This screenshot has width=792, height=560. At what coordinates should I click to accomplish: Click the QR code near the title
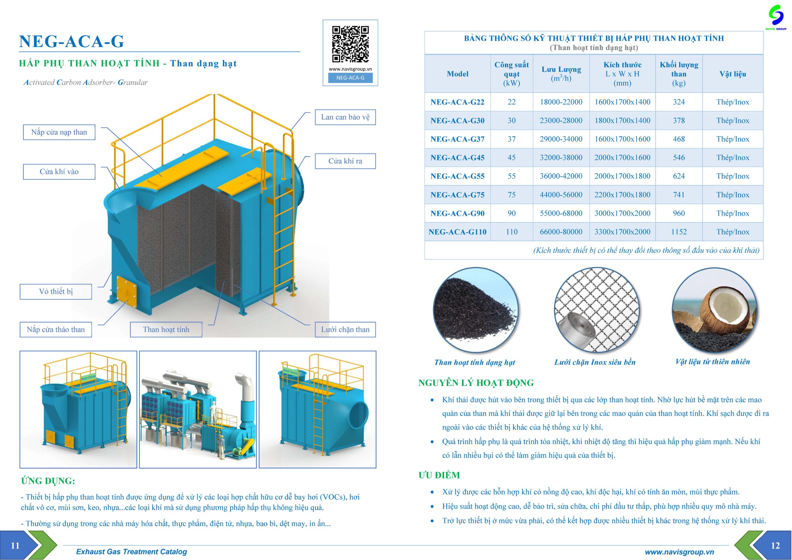point(350,44)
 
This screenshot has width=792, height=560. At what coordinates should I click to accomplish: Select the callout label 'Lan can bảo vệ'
point(345,117)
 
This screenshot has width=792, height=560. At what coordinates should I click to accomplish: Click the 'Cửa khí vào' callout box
point(59,172)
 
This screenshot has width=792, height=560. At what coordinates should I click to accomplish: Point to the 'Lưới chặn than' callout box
point(345,330)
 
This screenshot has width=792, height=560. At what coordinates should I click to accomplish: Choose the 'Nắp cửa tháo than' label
point(56,330)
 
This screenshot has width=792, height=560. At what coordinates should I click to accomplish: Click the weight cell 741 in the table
point(678,195)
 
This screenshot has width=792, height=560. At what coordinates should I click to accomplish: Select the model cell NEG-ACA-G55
point(457,176)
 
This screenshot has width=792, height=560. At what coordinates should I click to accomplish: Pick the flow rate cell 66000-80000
point(561,232)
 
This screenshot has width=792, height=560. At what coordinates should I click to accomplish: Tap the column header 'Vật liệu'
point(732,74)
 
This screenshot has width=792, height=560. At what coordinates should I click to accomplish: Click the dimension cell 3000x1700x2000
point(622,213)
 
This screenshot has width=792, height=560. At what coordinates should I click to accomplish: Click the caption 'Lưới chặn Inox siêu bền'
point(595,362)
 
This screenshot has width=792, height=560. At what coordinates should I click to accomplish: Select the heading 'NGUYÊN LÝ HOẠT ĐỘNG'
point(476,383)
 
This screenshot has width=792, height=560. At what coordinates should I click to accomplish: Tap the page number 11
point(15,545)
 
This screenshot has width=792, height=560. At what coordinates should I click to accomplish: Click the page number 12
point(775,545)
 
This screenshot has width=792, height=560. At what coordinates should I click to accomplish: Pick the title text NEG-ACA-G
point(71,41)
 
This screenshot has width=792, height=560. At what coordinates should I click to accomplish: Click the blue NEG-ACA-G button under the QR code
point(350,78)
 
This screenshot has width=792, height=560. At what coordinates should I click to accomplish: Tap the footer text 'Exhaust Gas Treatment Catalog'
point(131,552)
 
